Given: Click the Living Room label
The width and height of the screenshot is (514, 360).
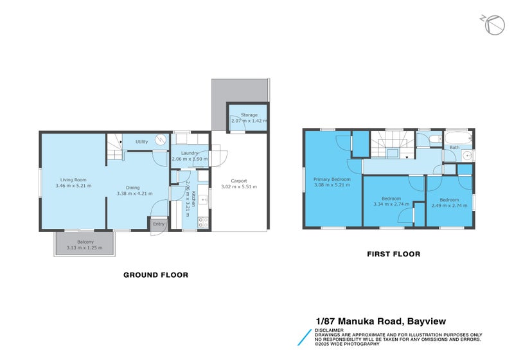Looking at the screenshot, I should coord(73,179).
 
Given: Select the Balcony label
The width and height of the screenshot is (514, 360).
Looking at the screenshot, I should coord(86,241).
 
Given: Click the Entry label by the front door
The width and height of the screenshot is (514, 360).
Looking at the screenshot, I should coord(158,224).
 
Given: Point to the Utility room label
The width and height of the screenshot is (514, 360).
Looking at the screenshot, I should coord(141,141).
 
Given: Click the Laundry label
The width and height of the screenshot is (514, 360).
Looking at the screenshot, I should coord(189,152).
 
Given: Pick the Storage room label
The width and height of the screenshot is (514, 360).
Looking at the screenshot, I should coord(249,114).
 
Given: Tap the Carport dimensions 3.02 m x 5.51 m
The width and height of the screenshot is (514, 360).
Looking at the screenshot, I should coord(238,187).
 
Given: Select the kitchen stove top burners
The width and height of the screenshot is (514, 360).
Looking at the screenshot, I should coord(204,222).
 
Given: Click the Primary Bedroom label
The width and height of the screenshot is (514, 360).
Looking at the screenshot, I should coord(332,179).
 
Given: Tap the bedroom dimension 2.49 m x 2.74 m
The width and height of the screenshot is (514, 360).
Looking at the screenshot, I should coord(449,204).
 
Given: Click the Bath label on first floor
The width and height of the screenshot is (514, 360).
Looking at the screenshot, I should coord(454,148).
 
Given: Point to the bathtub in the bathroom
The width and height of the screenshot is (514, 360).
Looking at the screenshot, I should coord(457,137).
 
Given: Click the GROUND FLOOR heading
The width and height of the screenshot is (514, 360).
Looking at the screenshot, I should coord(155,274).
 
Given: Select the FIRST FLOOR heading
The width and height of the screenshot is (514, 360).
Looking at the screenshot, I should coord(393,254).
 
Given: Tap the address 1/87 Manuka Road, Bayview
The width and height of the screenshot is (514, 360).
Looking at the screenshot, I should coord(380,321).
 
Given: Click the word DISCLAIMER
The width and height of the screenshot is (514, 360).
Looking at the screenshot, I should coord(329,330).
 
